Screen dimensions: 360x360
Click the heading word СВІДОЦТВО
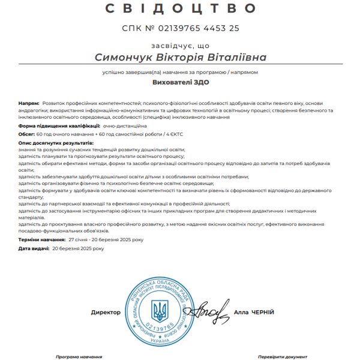[180, 8]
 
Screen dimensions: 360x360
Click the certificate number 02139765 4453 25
[197, 28]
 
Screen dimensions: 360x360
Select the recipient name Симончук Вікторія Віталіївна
[180, 57]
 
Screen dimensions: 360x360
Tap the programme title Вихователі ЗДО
[180, 84]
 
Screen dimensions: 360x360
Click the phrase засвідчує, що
[180, 45]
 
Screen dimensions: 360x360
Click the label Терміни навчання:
[41, 239]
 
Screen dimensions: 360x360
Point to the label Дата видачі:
[33, 247]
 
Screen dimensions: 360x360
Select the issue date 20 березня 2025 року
[78, 247]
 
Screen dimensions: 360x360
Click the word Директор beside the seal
[106, 313]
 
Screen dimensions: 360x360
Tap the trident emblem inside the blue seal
[160, 311]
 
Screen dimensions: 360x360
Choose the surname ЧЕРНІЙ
[263, 313]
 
